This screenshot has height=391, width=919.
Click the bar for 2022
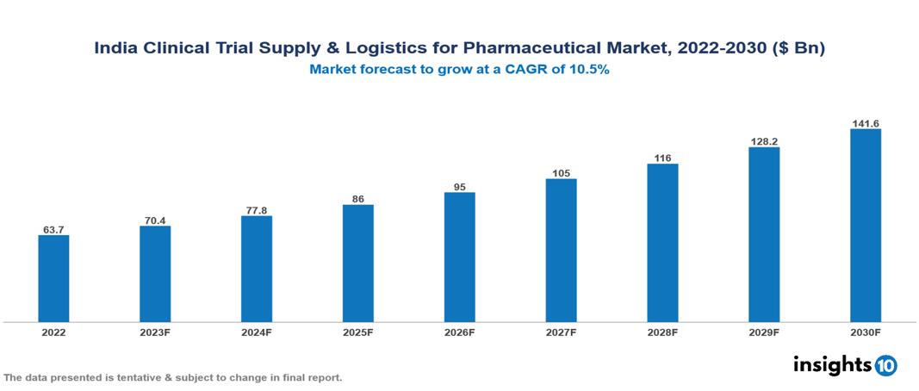tap(53, 278)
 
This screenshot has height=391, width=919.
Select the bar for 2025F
tap(357, 263)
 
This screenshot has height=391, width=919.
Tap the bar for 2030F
tap(865, 226)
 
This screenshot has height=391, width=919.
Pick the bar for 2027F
tap(561, 250)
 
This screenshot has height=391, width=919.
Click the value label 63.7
tap(53, 230)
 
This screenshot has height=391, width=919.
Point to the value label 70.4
tap(155, 220)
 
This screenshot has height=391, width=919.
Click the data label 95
tap(459, 187)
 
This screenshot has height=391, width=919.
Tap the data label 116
tap(662, 158)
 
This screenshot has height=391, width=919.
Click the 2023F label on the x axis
tap(155, 332)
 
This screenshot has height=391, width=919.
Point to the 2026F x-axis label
tap(459, 332)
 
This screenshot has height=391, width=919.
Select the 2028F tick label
tap(662, 332)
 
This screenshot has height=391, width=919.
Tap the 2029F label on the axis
tap(764, 332)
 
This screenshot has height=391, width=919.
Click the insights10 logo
tap(844, 365)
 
